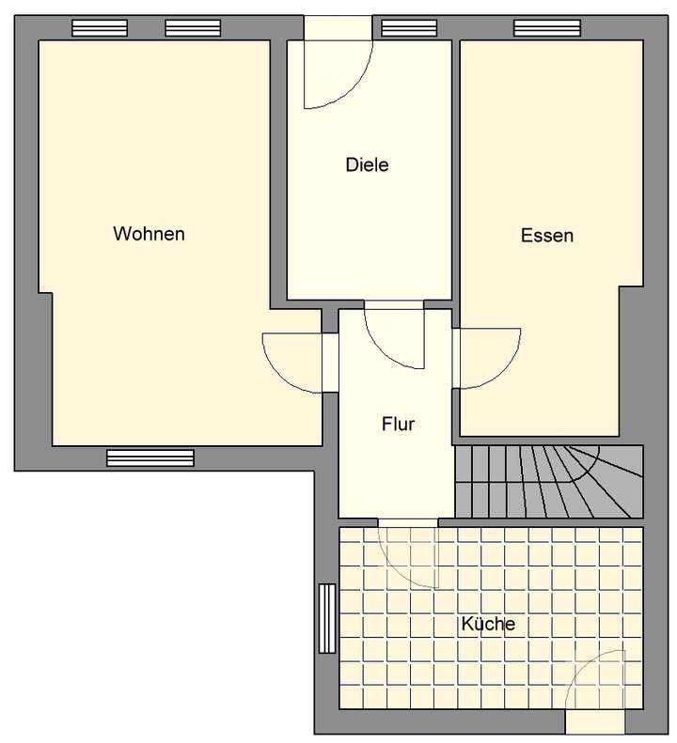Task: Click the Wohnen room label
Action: coord(149,234)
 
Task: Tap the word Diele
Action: coord(367,165)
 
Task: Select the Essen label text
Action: coord(546,236)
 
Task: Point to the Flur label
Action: coord(398,425)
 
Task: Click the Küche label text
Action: coord(487,623)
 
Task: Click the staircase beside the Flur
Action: coord(548,481)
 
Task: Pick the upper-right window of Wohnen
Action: coord(192,28)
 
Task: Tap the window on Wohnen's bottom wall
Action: coord(150,458)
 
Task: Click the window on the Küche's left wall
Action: coord(326,618)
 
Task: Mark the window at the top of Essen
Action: coord(546,28)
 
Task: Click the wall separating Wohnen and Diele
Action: coord(278,169)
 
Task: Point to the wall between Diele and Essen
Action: coord(452,169)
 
